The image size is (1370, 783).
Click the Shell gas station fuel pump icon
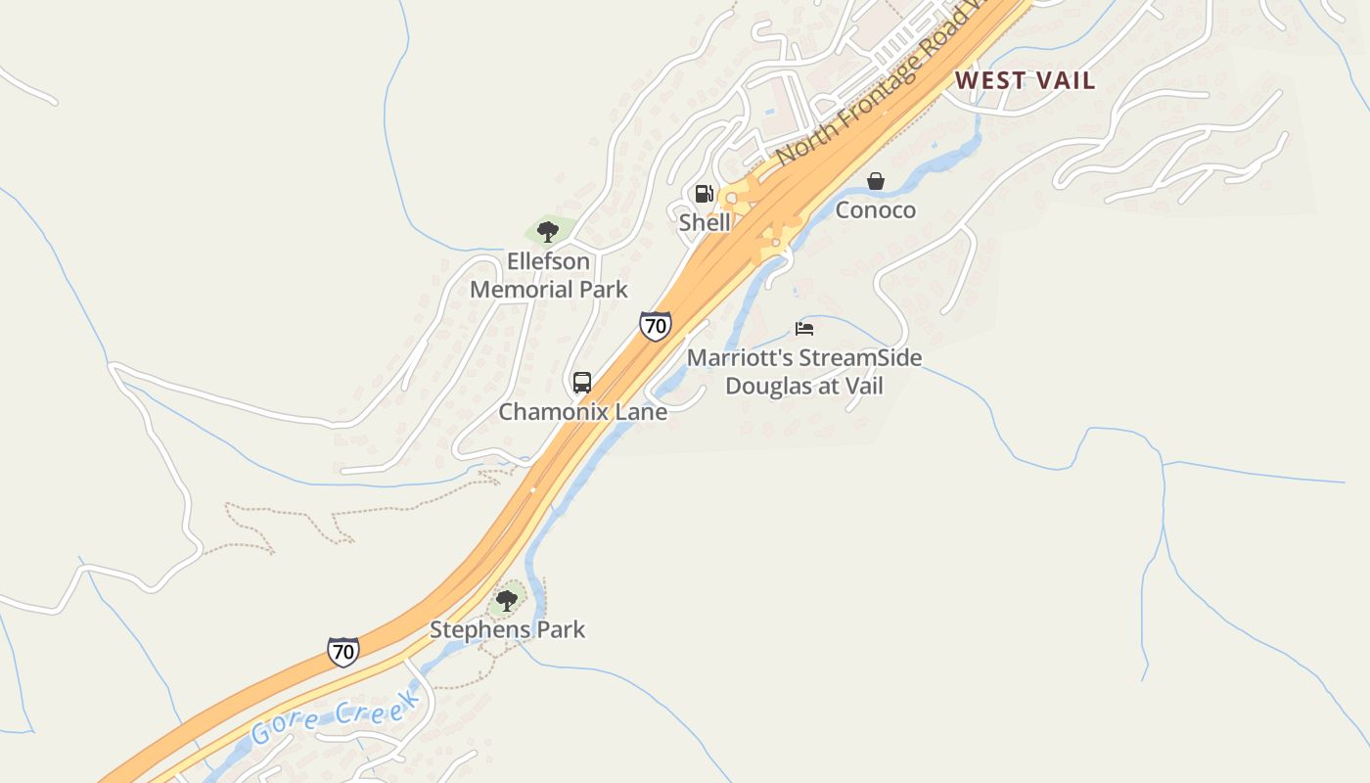tap(705, 194)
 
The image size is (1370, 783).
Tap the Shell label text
tap(705, 222)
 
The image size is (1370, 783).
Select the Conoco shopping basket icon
tap(876, 181)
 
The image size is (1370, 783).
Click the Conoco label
tap(876, 210)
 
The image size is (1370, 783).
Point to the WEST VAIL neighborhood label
tap(1025, 80)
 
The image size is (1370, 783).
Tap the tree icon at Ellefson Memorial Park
tap(548, 232)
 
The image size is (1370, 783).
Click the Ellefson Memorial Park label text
tap(549, 275)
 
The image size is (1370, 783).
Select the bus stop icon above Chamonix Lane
tap(582, 383)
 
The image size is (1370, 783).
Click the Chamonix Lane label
tap(583, 412)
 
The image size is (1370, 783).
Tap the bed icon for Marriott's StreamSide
tap(804, 329)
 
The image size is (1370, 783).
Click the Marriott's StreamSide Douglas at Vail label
tap(804, 372)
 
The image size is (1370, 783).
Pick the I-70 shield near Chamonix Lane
tap(656, 325)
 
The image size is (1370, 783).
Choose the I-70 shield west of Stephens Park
tap(342, 651)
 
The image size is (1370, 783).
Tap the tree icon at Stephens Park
tap(507, 600)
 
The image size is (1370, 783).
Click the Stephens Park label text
tap(507, 629)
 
